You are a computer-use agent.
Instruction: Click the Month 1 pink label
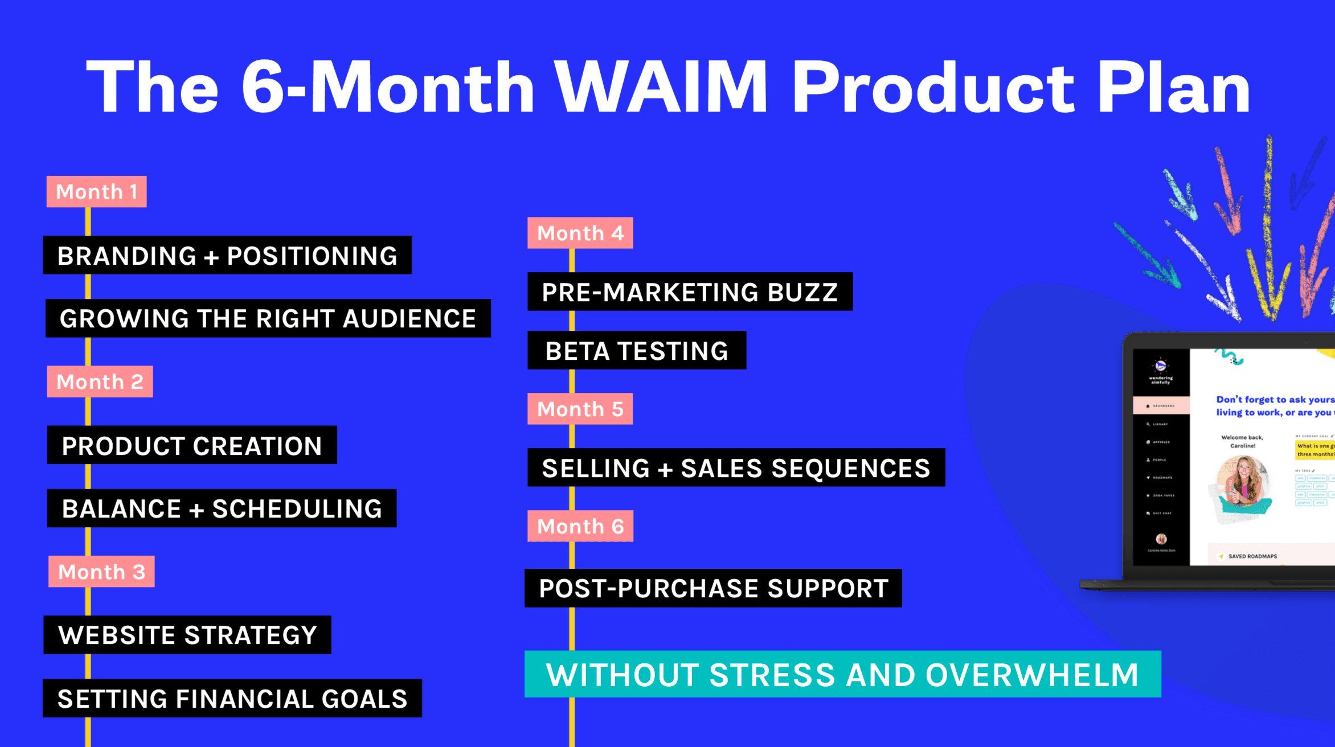tap(96, 192)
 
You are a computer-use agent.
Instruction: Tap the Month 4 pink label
tap(580, 233)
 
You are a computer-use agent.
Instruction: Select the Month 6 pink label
tap(580, 526)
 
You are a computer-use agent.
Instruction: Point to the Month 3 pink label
tap(101, 572)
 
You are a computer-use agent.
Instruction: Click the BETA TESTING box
tap(636, 351)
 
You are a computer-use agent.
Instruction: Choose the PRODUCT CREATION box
tap(192, 445)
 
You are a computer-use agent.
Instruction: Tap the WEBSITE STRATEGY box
tap(187, 635)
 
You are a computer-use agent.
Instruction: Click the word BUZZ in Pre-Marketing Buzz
tap(802, 292)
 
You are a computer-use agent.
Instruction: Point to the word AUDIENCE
tap(409, 318)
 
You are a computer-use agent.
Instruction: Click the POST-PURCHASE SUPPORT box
tap(713, 588)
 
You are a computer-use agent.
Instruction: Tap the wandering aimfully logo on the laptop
tap(1161, 370)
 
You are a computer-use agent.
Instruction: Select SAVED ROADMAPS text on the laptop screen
tap(1252, 556)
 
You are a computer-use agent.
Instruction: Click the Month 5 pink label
tap(580, 409)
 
